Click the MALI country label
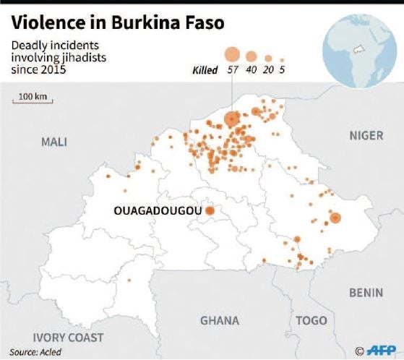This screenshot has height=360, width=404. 54,142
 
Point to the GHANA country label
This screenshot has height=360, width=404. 219,320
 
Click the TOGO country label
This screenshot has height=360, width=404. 311,320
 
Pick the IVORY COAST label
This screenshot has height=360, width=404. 68,338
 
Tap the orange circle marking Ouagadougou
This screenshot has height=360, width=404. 210,211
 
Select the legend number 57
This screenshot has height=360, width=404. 231,70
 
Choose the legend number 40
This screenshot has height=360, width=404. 251,70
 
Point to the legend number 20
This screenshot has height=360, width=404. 268,70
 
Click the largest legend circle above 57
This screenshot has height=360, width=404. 231,54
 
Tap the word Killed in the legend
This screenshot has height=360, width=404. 205,70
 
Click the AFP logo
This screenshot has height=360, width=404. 379,349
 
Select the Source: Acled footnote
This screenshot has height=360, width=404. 35,352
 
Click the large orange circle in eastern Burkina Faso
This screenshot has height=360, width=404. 335,218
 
